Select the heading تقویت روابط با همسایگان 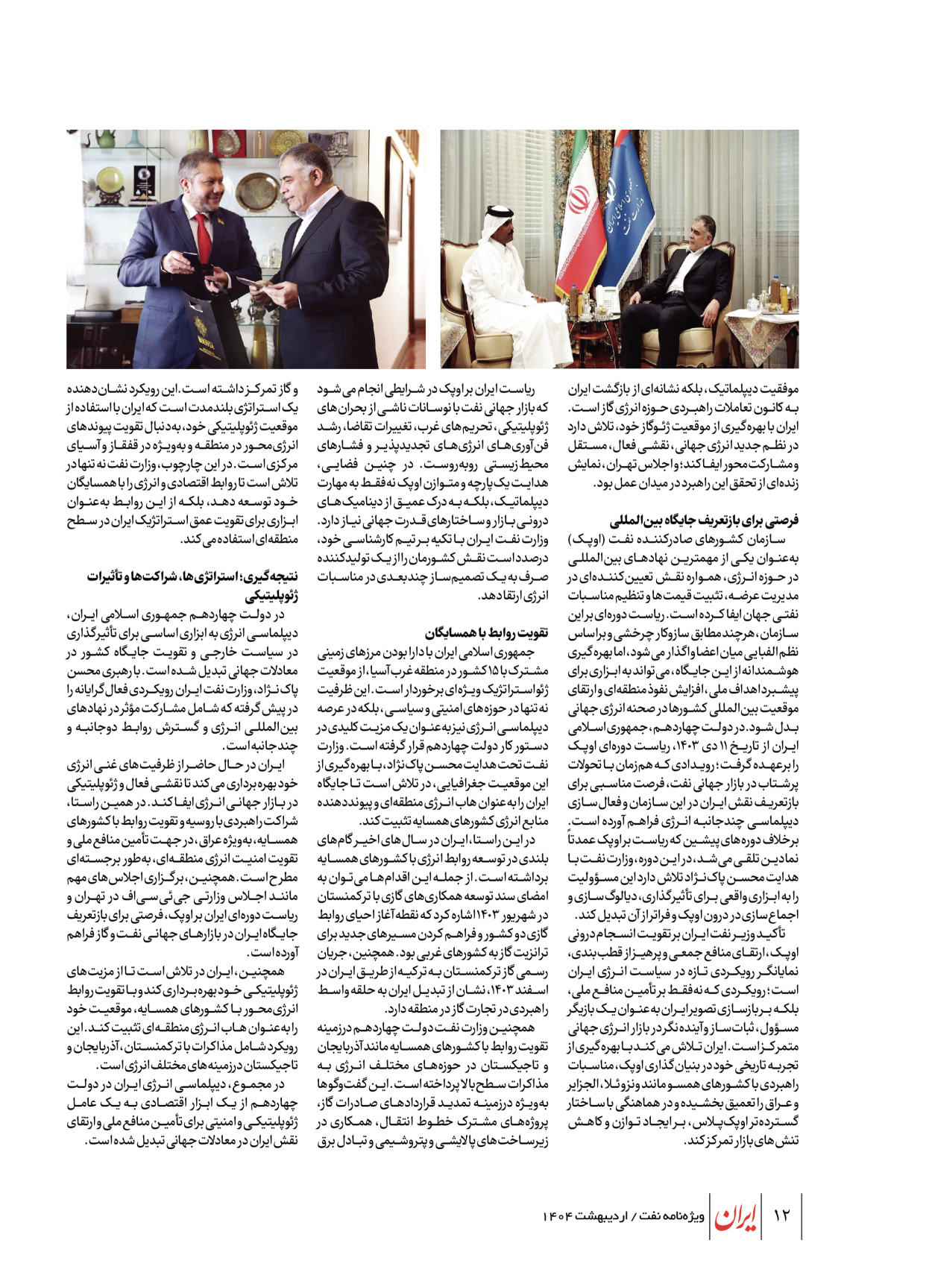click(486, 633)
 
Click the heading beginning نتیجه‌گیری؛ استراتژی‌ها click(192, 576)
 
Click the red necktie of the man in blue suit click(203, 239)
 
